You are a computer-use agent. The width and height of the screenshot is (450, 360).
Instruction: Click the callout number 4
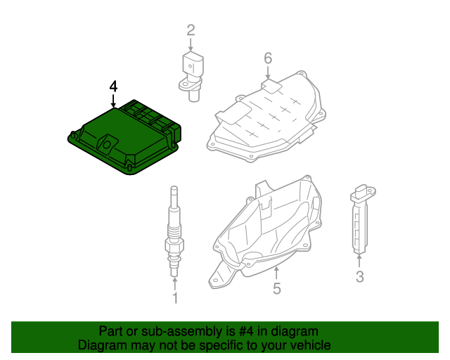113,86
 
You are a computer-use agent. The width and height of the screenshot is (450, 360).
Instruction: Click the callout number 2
191,30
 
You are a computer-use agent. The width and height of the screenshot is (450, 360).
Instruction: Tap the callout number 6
268,58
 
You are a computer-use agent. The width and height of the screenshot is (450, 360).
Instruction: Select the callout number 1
175,299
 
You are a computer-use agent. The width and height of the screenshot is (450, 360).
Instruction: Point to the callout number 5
277,288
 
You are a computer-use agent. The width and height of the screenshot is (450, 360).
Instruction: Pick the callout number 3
359,277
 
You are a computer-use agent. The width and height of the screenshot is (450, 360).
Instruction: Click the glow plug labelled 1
174,232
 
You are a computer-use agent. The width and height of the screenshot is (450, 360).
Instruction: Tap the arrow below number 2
191,44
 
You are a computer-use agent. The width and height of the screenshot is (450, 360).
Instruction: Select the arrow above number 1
175,283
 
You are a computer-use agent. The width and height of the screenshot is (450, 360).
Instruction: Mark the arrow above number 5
277,272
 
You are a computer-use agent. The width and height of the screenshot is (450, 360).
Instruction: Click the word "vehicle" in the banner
307,345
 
